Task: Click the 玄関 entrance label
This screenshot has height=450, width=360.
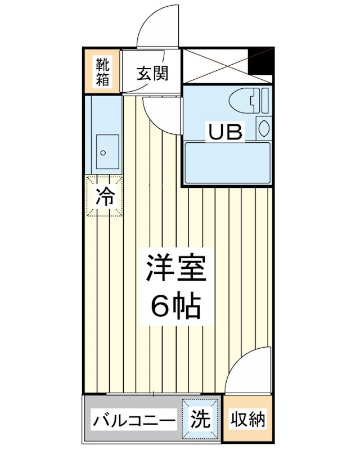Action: tap(151, 73)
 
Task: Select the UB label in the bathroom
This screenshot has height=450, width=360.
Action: tap(226, 133)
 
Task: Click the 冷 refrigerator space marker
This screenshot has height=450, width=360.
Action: tap(104, 196)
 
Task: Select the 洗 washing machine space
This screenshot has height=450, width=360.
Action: tap(201, 419)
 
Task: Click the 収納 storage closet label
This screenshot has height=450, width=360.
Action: tap(248, 420)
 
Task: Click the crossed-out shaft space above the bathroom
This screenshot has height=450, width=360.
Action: tap(217, 67)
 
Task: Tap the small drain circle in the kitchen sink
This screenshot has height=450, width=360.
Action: tap(103, 152)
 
